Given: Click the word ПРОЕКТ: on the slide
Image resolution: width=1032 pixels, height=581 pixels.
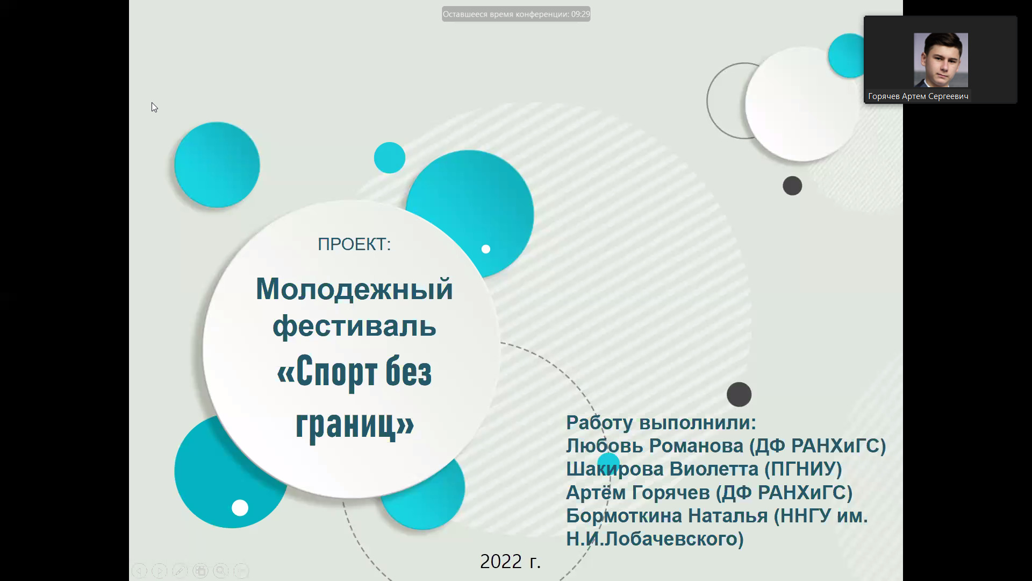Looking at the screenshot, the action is [x=354, y=244].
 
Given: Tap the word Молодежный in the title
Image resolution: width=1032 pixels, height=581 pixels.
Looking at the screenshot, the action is [x=354, y=289].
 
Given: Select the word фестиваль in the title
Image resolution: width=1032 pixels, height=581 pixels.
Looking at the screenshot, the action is [x=354, y=327].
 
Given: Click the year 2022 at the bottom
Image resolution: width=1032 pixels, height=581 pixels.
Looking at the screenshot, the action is [x=501, y=561].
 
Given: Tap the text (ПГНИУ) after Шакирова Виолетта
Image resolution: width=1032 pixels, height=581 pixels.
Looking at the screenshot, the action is [x=803, y=469].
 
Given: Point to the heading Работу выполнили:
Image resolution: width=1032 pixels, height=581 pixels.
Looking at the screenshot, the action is [x=661, y=423].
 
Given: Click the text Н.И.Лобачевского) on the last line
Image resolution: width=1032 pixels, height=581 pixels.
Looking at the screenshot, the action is [x=655, y=539].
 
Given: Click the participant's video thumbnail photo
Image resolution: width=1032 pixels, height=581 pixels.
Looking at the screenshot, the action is [x=941, y=60].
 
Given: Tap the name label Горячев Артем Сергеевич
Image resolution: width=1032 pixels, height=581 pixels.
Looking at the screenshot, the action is [x=918, y=96].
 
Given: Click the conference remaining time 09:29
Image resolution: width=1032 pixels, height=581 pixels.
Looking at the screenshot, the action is [x=580, y=14].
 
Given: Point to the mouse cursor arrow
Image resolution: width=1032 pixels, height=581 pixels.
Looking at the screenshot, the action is [x=154, y=108].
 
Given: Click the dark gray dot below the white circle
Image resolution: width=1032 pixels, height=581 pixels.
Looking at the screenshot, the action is [x=792, y=186].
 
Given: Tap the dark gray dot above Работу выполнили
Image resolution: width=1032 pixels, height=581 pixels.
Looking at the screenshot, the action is [x=739, y=394].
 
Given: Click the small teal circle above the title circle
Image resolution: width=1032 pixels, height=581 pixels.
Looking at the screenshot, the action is [x=390, y=158].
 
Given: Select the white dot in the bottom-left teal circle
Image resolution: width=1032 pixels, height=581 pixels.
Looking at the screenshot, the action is [x=240, y=508].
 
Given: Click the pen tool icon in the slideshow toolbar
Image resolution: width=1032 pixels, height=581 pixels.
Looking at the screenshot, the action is [x=180, y=571].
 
